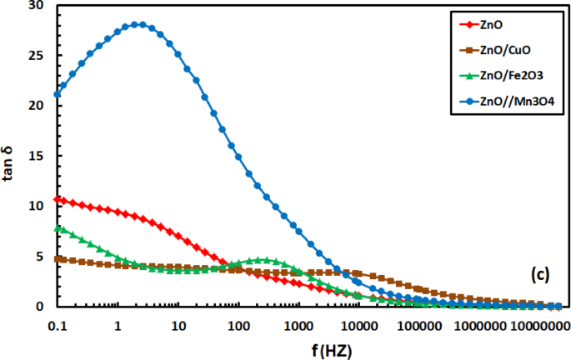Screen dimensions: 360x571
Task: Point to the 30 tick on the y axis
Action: [35, 6]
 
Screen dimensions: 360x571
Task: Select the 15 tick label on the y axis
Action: [35, 156]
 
